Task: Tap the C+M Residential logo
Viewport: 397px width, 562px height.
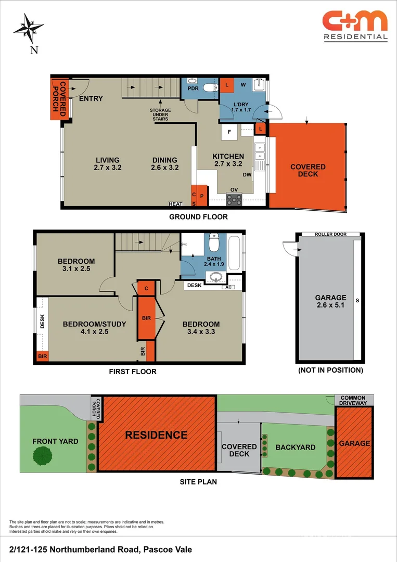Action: tap(355, 26)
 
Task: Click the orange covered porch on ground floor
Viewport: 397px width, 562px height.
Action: tap(59, 99)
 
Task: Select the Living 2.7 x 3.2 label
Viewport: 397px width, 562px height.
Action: tap(108, 164)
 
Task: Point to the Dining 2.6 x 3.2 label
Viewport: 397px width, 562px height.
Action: tap(165, 164)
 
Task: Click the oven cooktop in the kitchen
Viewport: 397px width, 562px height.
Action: tap(234, 200)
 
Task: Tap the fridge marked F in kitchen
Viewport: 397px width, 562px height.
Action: tap(229, 132)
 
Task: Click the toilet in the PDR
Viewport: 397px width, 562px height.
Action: tap(210, 87)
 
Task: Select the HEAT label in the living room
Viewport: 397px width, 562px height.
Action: tap(175, 204)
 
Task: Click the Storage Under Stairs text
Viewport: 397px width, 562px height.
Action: tap(160, 114)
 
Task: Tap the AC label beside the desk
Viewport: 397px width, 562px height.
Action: tap(228, 287)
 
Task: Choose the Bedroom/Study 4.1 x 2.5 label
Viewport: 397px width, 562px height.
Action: tap(95, 328)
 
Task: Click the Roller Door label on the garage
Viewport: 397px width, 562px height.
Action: tap(331, 234)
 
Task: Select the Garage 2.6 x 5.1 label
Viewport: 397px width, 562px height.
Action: tap(331, 301)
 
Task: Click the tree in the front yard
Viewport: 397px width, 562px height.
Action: tap(42, 456)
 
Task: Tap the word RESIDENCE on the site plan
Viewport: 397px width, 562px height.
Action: tap(156, 435)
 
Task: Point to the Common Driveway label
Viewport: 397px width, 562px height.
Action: tap(353, 400)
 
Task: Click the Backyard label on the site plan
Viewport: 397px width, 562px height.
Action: tap(296, 448)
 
